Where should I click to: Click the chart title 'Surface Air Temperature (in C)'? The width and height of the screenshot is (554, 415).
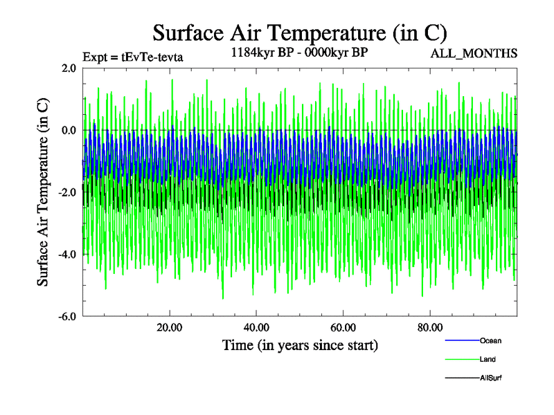(x=299, y=33)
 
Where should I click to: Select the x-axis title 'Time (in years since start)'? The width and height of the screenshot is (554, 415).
(x=300, y=344)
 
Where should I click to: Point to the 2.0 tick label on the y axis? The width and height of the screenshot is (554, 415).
(x=69, y=68)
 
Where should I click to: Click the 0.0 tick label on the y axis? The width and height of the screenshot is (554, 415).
(x=69, y=130)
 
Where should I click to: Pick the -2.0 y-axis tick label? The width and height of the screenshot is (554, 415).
(x=67, y=192)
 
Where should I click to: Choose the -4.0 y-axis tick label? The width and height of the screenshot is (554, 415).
(x=67, y=255)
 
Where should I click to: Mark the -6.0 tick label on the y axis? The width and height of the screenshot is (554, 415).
(x=67, y=317)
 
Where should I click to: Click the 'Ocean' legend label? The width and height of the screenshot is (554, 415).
(x=490, y=340)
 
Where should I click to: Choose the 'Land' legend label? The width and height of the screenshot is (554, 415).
(x=488, y=359)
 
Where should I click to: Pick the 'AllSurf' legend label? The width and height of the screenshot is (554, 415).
(x=490, y=378)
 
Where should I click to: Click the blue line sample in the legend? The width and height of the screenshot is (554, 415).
(x=461, y=341)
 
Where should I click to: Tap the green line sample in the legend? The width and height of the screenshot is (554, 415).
(x=461, y=360)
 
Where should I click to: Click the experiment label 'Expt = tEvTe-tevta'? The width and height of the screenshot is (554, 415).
(x=132, y=57)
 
